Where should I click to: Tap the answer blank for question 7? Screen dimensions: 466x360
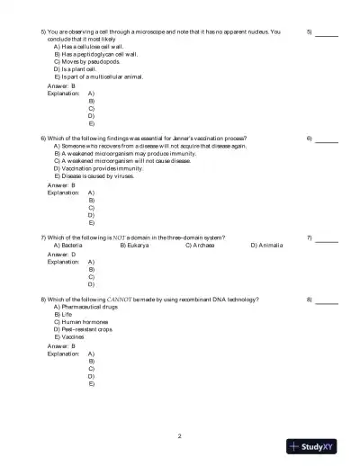(327, 237)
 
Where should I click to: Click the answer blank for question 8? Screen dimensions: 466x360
(327, 299)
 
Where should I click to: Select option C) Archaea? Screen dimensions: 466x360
(200, 245)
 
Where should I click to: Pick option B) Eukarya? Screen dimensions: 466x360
(135, 245)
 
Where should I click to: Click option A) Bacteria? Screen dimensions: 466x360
(69, 245)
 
